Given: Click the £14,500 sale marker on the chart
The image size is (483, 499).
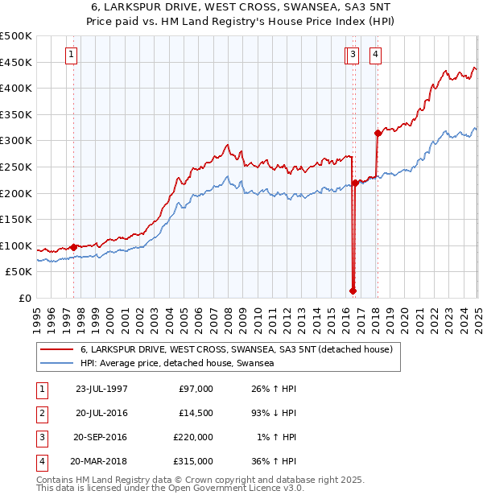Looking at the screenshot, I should pyautogui.click(x=353, y=291).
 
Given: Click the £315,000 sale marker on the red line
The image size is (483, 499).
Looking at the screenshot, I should pyautogui.click(x=378, y=133).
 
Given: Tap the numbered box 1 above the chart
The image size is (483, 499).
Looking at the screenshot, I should pyautogui.click(x=72, y=55).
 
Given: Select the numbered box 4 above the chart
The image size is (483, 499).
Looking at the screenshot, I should pyautogui.click(x=376, y=55).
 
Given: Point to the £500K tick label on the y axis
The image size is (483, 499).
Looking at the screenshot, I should pyautogui.click(x=16, y=36).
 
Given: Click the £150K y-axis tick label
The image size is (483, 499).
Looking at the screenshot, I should pyautogui.click(x=16, y=219).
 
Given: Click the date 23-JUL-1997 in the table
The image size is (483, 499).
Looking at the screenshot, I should pyautogui.click(x=101, y=389).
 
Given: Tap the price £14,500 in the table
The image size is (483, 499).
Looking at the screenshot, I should pyautogui.click(x=193, y=414).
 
